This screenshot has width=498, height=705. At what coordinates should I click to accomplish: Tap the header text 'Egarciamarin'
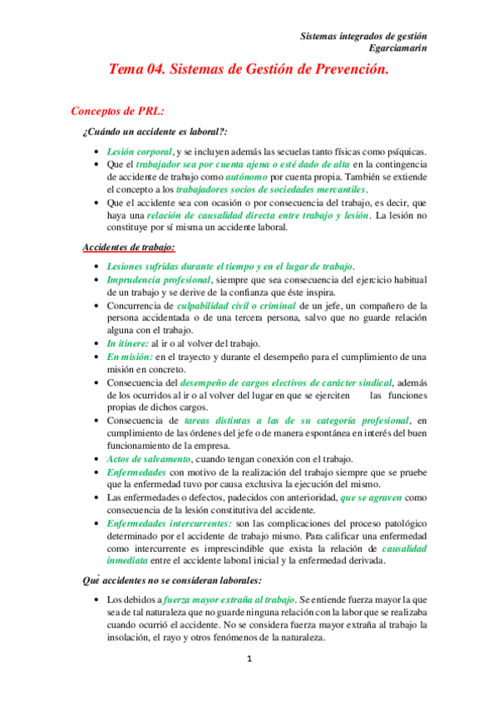(x=399, y=49)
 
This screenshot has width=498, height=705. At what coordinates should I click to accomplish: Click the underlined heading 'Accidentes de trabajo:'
(x=129, y=247)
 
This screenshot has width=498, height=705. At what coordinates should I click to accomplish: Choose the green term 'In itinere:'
(x=126, y=343)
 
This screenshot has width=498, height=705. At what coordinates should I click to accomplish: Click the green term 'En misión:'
(x=129, y=357)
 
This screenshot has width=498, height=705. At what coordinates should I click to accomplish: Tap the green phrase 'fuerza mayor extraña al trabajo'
(x=227, y=599)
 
